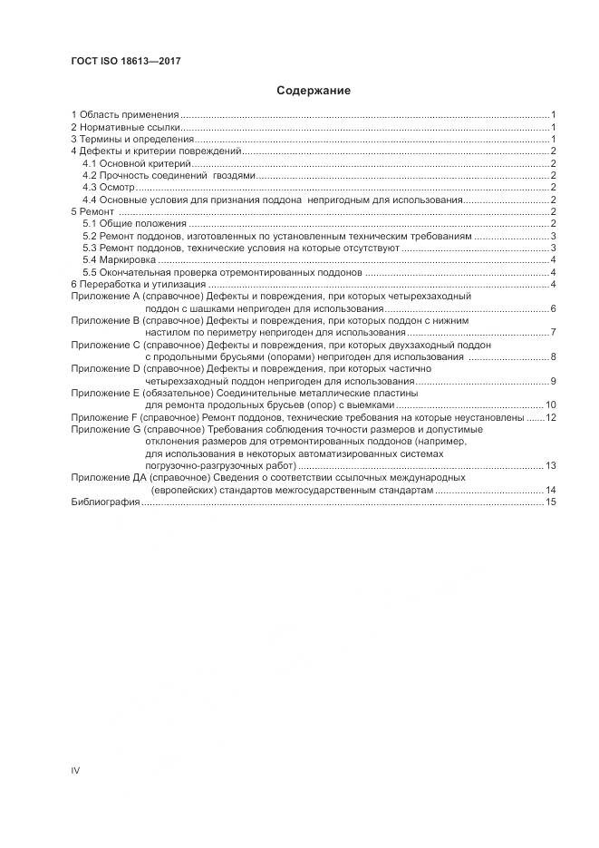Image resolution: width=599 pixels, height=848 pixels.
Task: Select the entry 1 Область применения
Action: pos(125,115)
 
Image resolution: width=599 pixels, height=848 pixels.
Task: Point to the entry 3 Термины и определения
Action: pos(132,140)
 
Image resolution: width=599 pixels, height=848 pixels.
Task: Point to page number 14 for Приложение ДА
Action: pos(550,490)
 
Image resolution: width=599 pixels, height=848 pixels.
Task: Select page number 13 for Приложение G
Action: pos(550,465)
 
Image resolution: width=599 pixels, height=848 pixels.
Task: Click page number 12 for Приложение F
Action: pos(550,417)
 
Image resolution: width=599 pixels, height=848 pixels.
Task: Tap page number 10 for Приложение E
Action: pos(550,405)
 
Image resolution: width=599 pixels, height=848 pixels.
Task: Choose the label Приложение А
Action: pos(105,297)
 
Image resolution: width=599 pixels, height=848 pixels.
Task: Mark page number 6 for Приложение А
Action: pos(553,309)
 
